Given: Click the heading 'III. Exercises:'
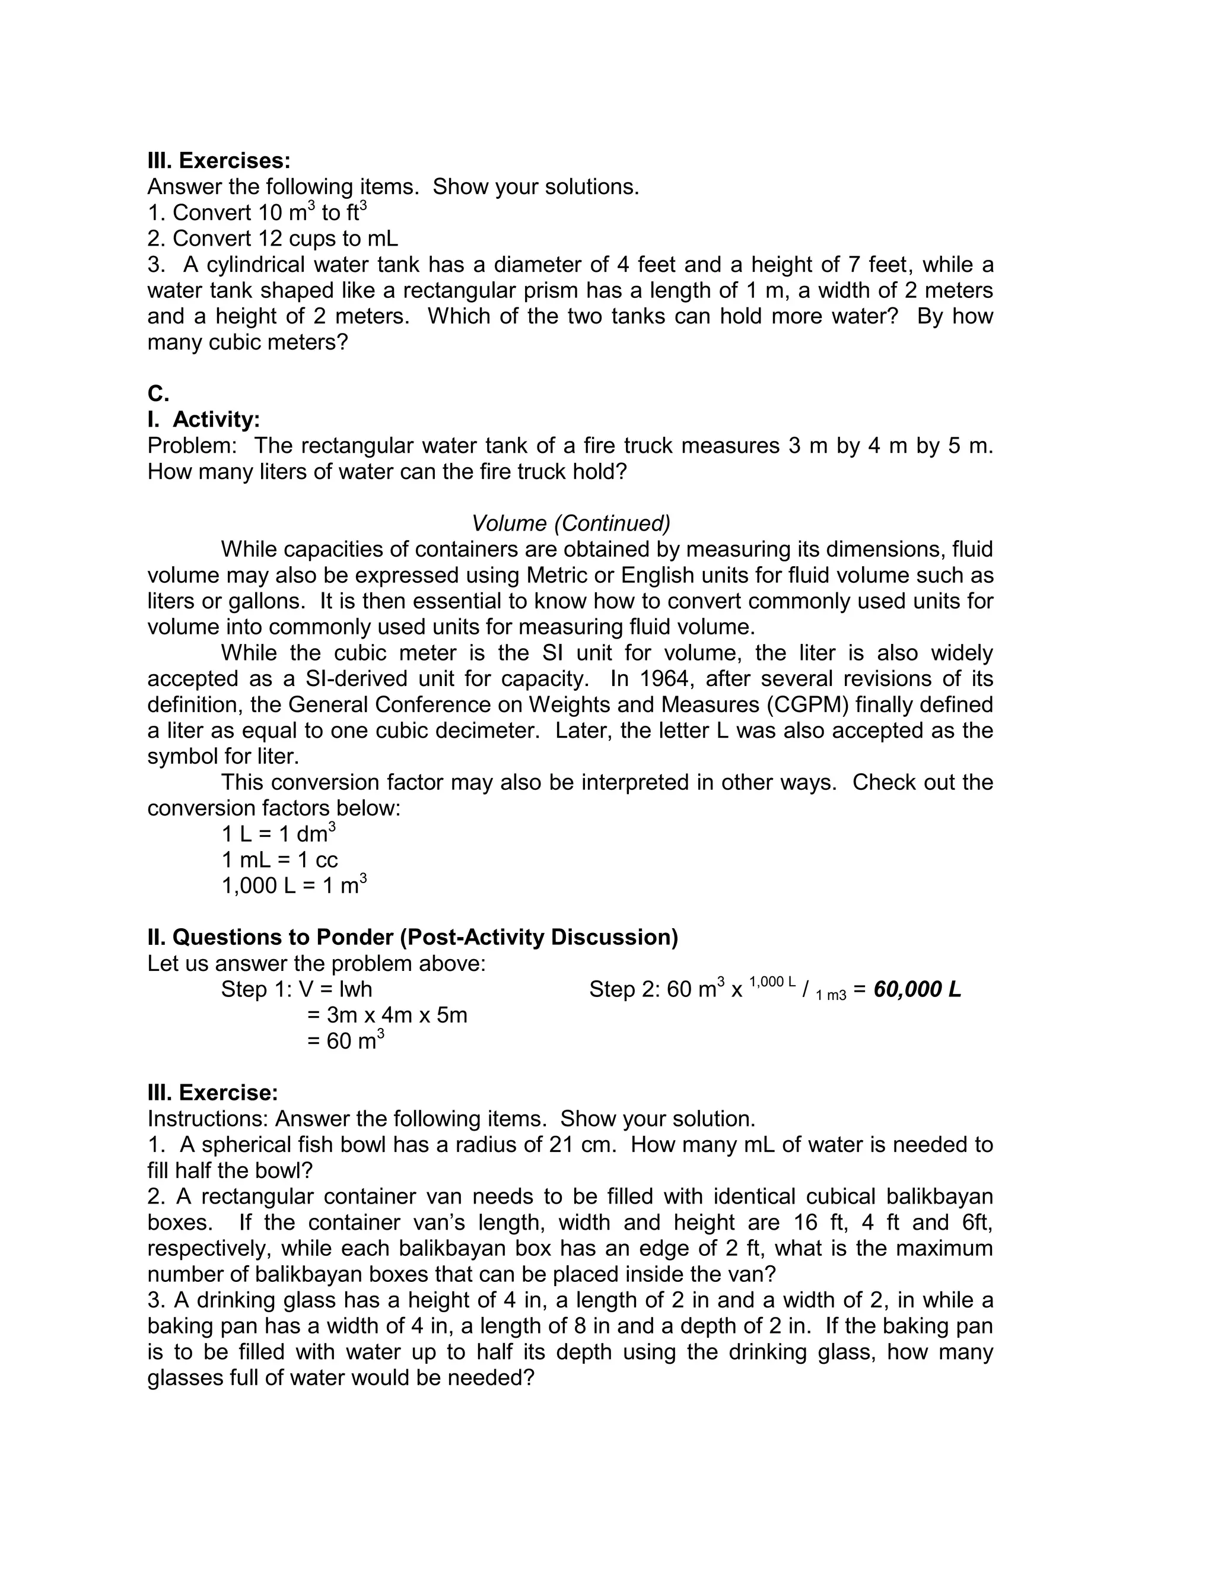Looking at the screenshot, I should pyautogui.click(x=218, y=161).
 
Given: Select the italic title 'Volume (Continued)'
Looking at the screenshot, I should pyautogui.click(x=571, y=523).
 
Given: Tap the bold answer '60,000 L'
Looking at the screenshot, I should pyautogui.click(x=917, y=989).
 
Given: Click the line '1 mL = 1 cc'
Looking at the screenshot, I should pyautogui.click(x=279, y=860).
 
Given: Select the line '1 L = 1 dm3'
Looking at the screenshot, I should pyautogui.click(x=278, y=834).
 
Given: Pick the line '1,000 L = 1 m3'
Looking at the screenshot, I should pyautogui.click(x=294, y=885).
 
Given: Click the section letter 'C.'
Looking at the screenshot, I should pyautogui.click(x=158, y=393).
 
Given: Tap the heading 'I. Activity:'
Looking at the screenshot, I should pyautogui.click(x=203, y=420).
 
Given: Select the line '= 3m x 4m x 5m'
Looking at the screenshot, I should pyautogui.click(x=387, y=1015).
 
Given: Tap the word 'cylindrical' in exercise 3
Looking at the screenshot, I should pyautogui.click(x=255, y=265).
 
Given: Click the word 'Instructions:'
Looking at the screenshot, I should pyautogui.click(x=208, y=1118).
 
